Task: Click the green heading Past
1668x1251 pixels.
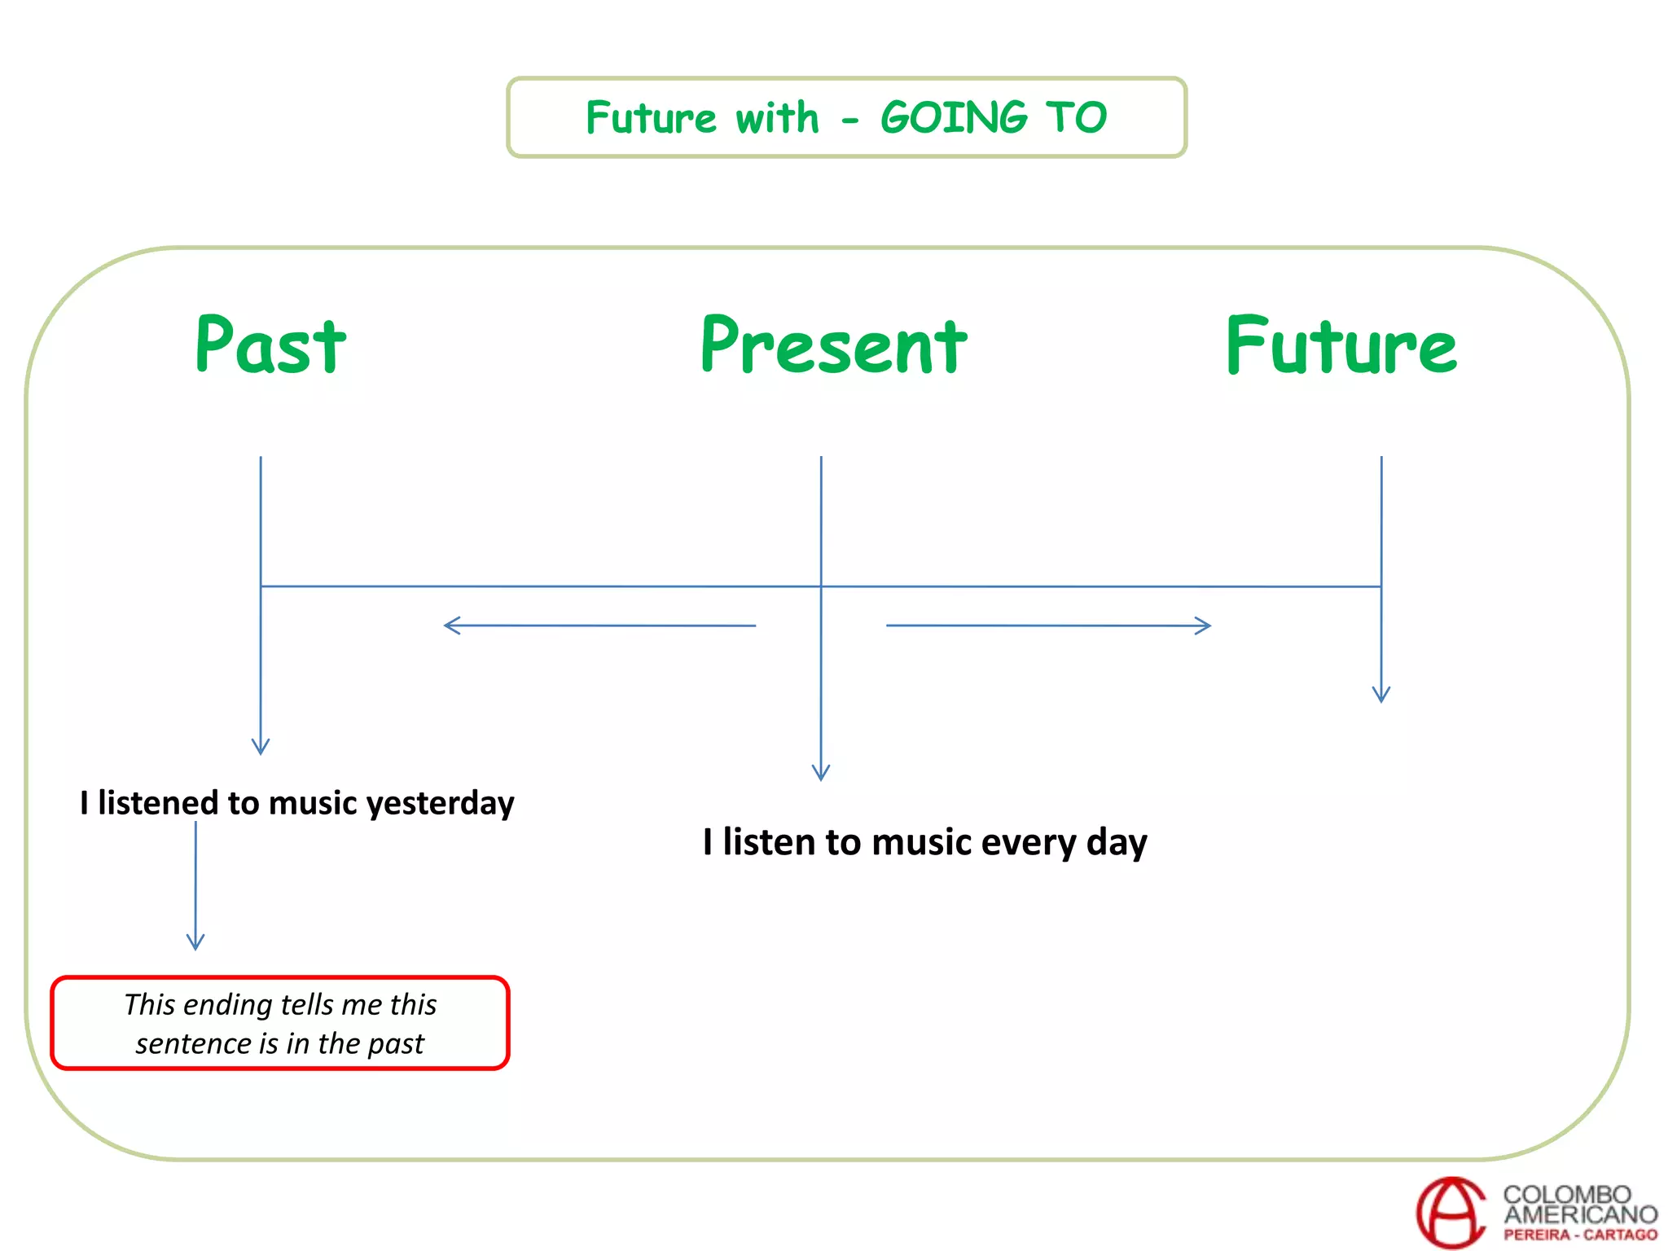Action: click(x=270, y=346)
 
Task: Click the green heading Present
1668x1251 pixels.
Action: click(x=834, y=346)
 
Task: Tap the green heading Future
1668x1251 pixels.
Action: click(x=1341, y=346)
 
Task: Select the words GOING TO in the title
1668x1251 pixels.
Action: click(x=994, y=117)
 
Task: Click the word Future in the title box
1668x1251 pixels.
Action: click(x=652, y=117)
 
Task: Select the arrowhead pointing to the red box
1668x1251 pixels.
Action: click(x=195, y=943)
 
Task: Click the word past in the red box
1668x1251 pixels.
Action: click(x=397, y=1043)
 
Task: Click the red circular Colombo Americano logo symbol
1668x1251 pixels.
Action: click(x=1452, y=1212)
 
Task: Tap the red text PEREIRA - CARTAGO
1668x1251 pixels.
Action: click(x=1580, y=1235)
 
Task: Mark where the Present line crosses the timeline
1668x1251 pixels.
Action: click(x=821, y=586)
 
